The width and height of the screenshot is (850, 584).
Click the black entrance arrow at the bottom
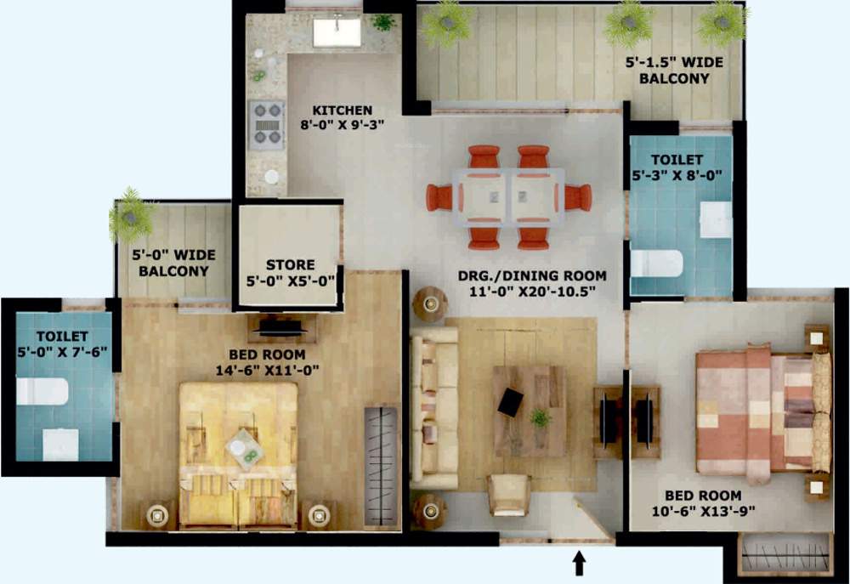[580, 562]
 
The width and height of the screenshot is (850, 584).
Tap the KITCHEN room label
[342, 111]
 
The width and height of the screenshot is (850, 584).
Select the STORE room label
[290, 265]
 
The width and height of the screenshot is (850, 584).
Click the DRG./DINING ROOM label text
[532, 275]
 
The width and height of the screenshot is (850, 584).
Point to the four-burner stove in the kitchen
[266, 123]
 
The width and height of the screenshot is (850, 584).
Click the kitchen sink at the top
[337, 32]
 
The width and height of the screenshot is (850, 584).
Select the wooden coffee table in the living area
[530, 411]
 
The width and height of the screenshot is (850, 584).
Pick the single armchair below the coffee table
[509, 494]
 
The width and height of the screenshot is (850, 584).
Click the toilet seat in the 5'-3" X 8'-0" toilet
[655, 263]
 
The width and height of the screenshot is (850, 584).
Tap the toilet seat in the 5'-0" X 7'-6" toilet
[42, 391]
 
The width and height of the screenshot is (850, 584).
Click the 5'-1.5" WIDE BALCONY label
[667, 71]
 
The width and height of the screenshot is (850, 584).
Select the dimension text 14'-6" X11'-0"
[260, 370]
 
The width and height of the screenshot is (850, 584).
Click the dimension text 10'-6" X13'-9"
[702, 511]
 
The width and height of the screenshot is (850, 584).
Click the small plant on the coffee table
[539, 417]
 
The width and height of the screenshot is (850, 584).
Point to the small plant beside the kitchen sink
[383, 21]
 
